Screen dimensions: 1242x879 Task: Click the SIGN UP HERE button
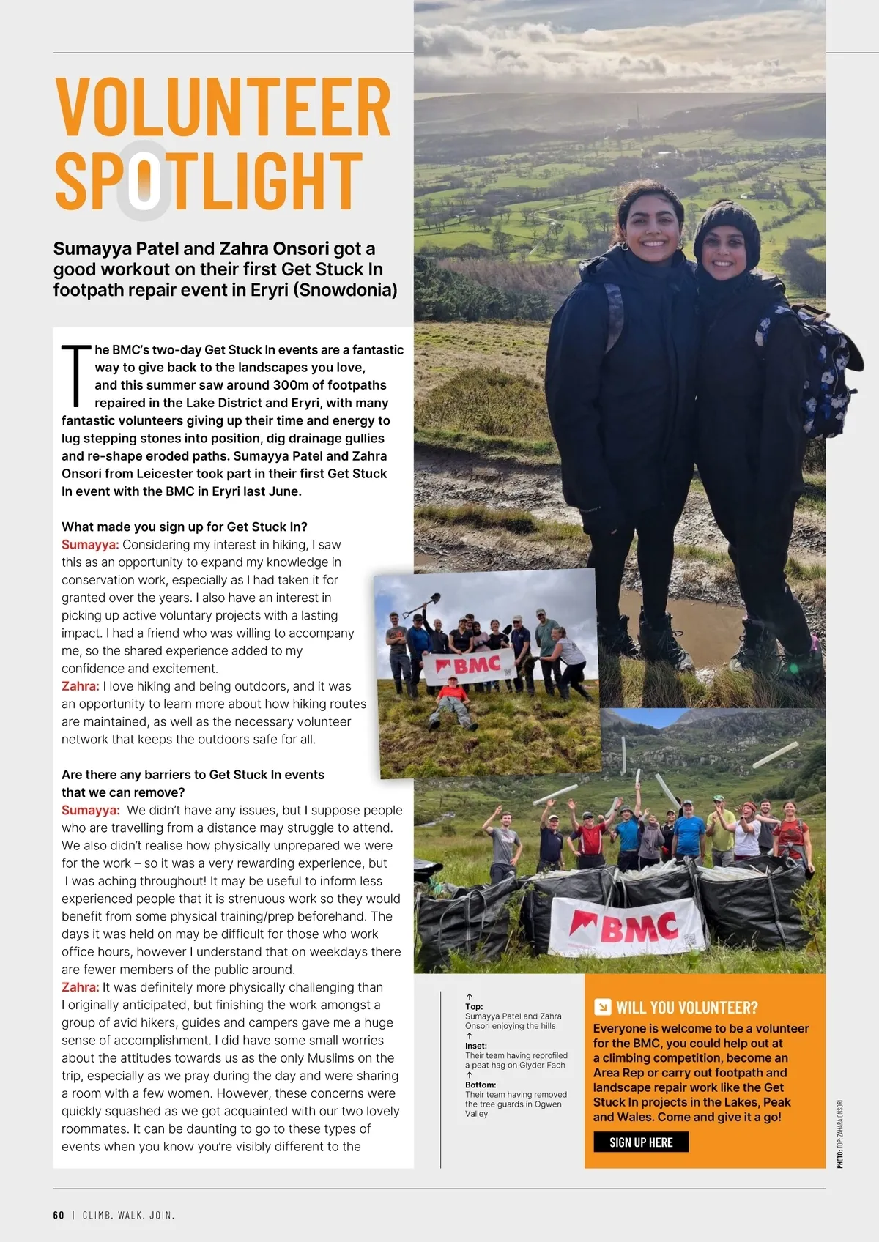pyautogui.click(x=641, y=1142)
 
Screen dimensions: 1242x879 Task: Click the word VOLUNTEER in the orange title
pyautogui.click(x=223, y=108)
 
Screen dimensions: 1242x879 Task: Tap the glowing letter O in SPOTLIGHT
pyautogui.click(x=144, y=180)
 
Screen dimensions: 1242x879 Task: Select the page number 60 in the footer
pyautogui.click(x=59, y=1215)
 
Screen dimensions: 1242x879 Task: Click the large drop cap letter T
pyautogui.click(x=76, y=374)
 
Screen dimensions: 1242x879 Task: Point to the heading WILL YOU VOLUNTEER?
pyautogui.click(x=686, y=1007)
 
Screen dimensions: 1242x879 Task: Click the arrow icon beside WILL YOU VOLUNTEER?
pyautogui.click(x=602, y=1007)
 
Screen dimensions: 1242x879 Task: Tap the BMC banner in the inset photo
pyautogui.click(x=470, y=666)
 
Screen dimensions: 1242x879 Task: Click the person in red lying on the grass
pyautogui.click(x=452, y=700)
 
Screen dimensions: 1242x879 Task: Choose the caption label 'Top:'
pyautogui.click(x=474, y=1006)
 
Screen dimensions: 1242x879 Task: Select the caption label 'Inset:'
pyautogui.click(x=476, y=1046)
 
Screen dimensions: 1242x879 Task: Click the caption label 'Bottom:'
pyautogui.click(x=481, y=1085)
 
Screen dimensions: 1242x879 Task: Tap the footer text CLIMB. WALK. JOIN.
pyautogui.click(x=128, y=1215)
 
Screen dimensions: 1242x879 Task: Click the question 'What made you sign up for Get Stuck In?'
pyautogui.click(x=185, y=527)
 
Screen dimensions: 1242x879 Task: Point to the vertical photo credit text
pyautogui.click(x=840, y=1134)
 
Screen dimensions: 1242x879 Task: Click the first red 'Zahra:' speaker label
pyautogui.click(x=80, y=686)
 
